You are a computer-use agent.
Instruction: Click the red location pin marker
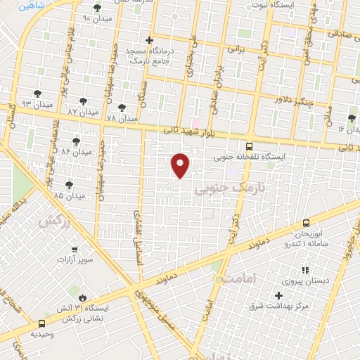coord(181,165)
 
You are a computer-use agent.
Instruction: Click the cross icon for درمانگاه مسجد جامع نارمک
coord(148,41)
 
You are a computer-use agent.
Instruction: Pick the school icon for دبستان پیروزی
coord(304,269)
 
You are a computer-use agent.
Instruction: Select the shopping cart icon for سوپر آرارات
coord(74,249)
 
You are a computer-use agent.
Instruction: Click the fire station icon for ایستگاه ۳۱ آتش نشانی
coord(84,297)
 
